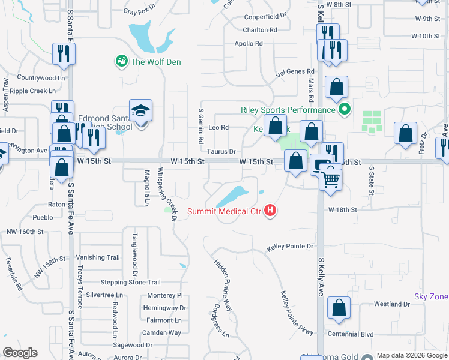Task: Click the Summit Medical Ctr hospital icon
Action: [271, 210]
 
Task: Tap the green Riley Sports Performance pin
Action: [344, 110]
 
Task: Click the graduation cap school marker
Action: [140, 111]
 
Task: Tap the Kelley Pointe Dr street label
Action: [291, 247]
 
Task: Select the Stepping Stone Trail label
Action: [130, 282]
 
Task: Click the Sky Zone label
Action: [431, 297]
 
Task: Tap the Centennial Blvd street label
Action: [351, 334]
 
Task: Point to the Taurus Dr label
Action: [222, 152]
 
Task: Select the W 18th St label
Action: [342, 210]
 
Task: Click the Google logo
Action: [20, 353]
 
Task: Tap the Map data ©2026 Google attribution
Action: [411, 355]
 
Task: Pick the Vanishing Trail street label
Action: [98, 257]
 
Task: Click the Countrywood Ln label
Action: [41, 78]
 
